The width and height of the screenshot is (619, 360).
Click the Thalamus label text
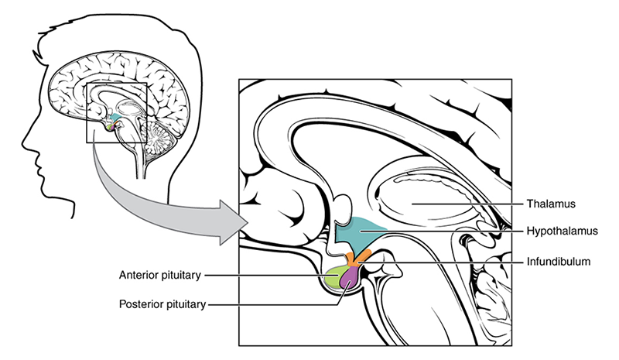coord(551,204)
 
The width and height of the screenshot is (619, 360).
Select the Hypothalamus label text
coord(563,231)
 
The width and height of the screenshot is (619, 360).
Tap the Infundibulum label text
coord(559,262)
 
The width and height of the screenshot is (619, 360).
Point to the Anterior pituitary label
coord(160,275)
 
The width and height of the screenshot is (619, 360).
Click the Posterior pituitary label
coord(162,304)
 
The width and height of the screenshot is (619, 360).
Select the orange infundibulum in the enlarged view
coord(357,258)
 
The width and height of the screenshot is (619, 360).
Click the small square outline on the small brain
coord(87,112)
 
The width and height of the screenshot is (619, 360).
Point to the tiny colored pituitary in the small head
coord(111,127)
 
